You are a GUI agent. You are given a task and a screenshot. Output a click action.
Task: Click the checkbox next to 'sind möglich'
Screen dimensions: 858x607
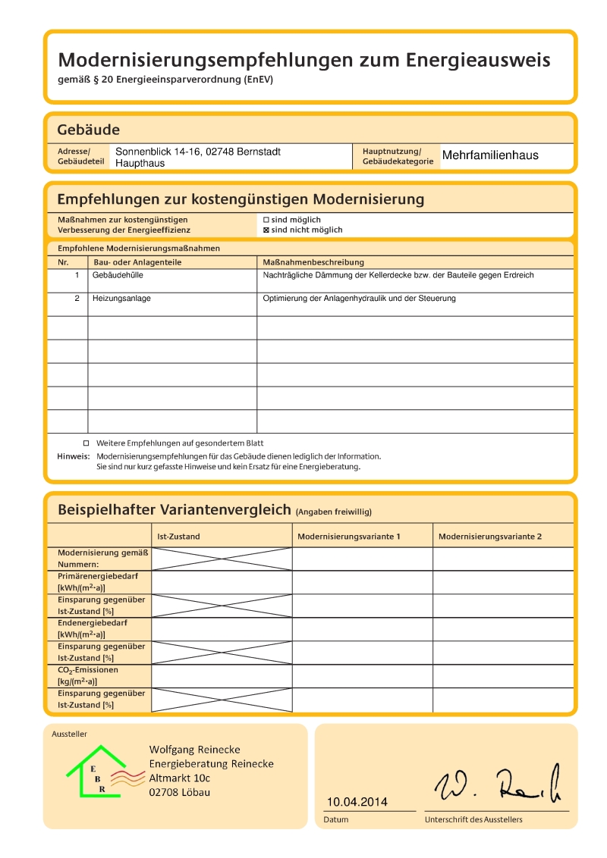(266, 219)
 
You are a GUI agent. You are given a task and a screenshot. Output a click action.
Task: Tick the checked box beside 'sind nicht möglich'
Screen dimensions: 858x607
(266, 230)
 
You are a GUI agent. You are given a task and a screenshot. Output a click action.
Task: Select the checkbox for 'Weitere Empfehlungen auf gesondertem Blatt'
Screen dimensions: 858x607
(86, 443)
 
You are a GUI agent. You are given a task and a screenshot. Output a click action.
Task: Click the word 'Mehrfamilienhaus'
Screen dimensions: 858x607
(490, 155)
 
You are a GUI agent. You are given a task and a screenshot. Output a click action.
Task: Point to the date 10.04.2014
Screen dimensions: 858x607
(357, 802)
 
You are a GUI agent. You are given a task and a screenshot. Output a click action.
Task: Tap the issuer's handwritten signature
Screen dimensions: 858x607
(497, 786)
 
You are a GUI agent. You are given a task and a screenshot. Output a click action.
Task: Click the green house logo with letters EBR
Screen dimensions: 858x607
(96, 771)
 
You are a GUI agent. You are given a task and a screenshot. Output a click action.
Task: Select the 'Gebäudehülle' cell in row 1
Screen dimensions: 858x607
(118, 275)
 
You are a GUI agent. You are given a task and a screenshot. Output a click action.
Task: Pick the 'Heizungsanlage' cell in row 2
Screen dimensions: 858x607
(121, 299)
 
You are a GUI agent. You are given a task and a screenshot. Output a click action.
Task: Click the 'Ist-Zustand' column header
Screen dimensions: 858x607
(178, 537)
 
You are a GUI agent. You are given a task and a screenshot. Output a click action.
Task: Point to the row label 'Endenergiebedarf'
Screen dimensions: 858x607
(93, 623)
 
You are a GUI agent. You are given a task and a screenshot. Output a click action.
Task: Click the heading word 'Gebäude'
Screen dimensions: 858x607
(88, 130)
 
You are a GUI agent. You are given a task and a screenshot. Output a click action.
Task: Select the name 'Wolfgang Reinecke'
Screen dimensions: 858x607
(194, 750)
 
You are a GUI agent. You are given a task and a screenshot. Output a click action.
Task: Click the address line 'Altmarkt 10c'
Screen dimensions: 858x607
(180, 778)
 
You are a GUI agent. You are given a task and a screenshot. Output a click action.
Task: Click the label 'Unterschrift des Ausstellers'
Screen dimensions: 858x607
(473, 819)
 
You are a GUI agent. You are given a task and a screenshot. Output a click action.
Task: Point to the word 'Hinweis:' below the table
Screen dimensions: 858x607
(74, 456)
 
